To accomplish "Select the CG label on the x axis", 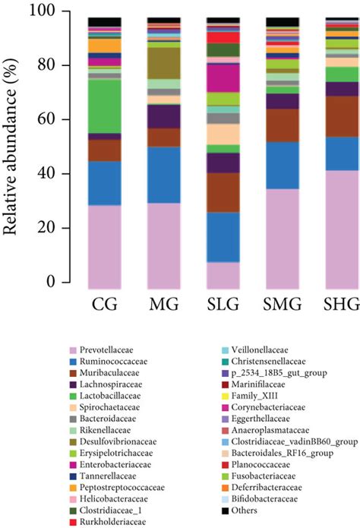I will pos(105,306).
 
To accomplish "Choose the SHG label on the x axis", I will pos(342,306).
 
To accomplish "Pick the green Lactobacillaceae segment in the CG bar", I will pos(105,106).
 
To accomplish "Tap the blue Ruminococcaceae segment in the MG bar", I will pos(163,175).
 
